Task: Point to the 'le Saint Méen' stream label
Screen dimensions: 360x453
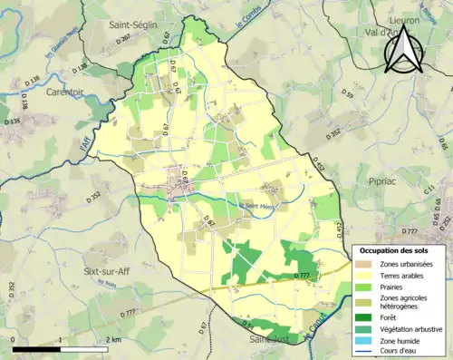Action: [x=256, y=204]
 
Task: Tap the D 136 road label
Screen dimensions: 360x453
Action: [x=13, y=120]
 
